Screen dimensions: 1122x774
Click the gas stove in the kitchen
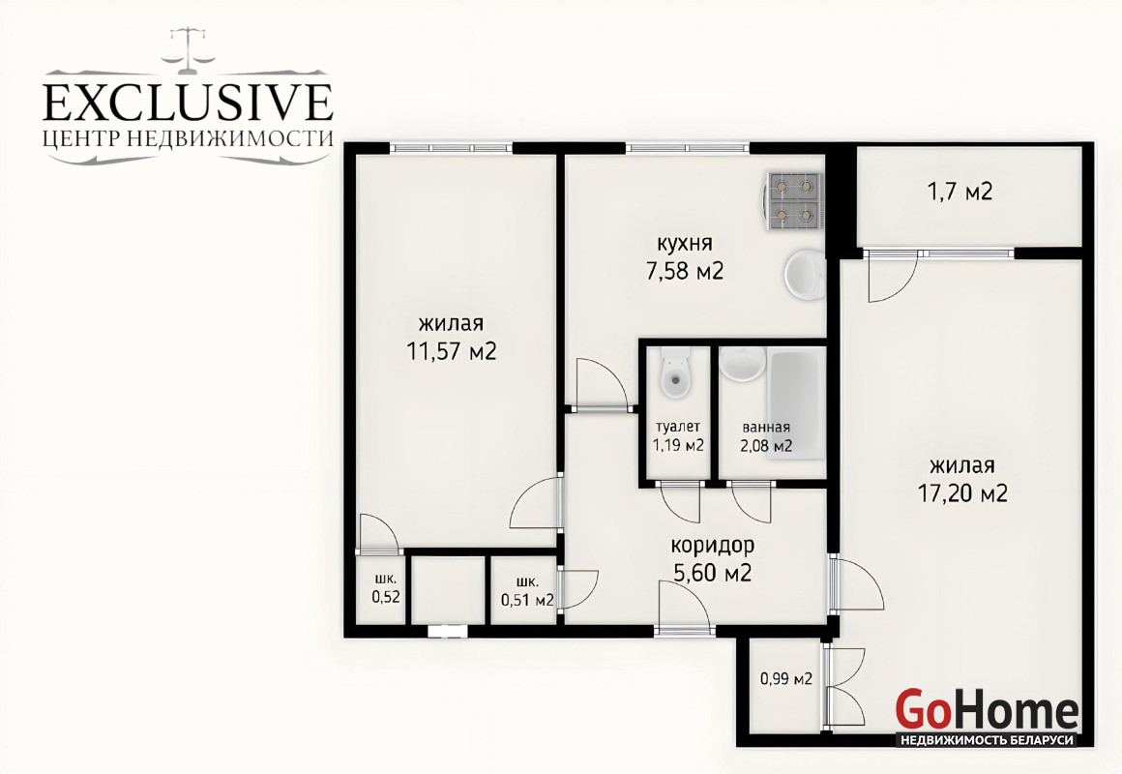[x=794, y=201]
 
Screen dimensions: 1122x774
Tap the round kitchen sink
[x=805, y=274]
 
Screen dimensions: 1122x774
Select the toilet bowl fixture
[x=675, y=372]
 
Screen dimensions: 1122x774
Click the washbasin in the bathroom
[x=743, y=364]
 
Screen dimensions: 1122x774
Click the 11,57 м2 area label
[x=452, y=351]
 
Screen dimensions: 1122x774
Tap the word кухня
[x=684, y=244]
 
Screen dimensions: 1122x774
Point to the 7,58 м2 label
[x=685, y=271]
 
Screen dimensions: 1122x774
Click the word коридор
[x=712, y=546]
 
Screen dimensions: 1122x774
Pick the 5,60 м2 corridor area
[x=713, y=573]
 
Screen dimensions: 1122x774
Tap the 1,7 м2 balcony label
[x=960, y=192]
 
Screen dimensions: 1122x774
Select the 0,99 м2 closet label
[x=786, y=679]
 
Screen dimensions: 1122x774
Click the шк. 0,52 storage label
[x=386, y=588]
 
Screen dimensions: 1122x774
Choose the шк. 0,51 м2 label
[x=528, y=591]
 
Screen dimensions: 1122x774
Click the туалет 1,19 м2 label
[x=678, y=436]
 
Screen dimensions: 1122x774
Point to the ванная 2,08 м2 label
[x=766, y=436]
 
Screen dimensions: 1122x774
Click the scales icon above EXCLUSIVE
[x=189, y=50]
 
